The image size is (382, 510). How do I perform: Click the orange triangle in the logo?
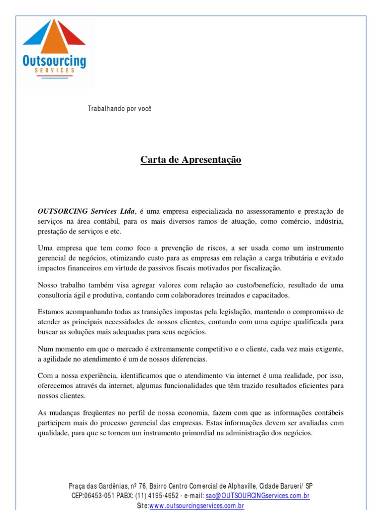tap(55, 40)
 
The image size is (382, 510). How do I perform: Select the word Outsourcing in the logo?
tap(54, 62)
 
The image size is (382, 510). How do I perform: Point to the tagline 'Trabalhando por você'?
tap(119, 109)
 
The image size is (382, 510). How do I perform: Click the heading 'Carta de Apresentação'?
tap(191, 160)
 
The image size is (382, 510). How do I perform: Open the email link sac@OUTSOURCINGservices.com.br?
tap(258, 496)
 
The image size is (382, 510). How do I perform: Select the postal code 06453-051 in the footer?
tap(101, 496)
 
